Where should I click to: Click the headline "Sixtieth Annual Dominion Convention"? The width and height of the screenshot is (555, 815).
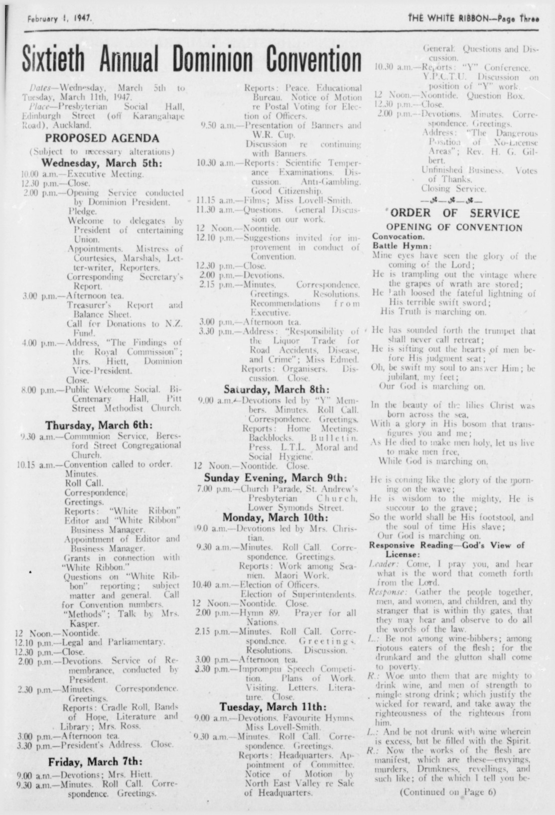tap(192, 59)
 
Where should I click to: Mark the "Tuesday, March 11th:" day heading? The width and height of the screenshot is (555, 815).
tap(273, 706)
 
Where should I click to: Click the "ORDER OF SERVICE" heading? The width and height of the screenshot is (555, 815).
tap(454, 214)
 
